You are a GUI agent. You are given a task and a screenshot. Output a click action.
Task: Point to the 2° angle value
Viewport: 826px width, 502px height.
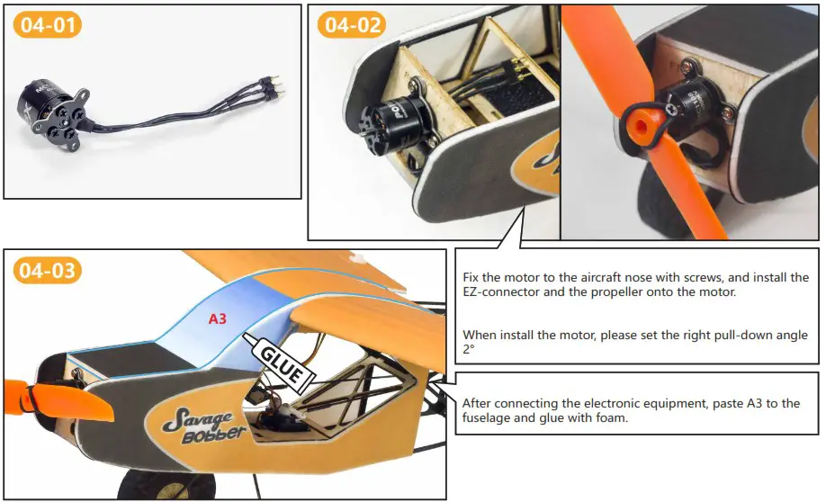(467, 351)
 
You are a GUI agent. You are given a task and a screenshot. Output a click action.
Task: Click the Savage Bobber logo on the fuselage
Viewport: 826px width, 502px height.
(200, 424)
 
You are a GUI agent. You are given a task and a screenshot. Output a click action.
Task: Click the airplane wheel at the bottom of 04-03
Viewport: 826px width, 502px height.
(144, 489)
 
